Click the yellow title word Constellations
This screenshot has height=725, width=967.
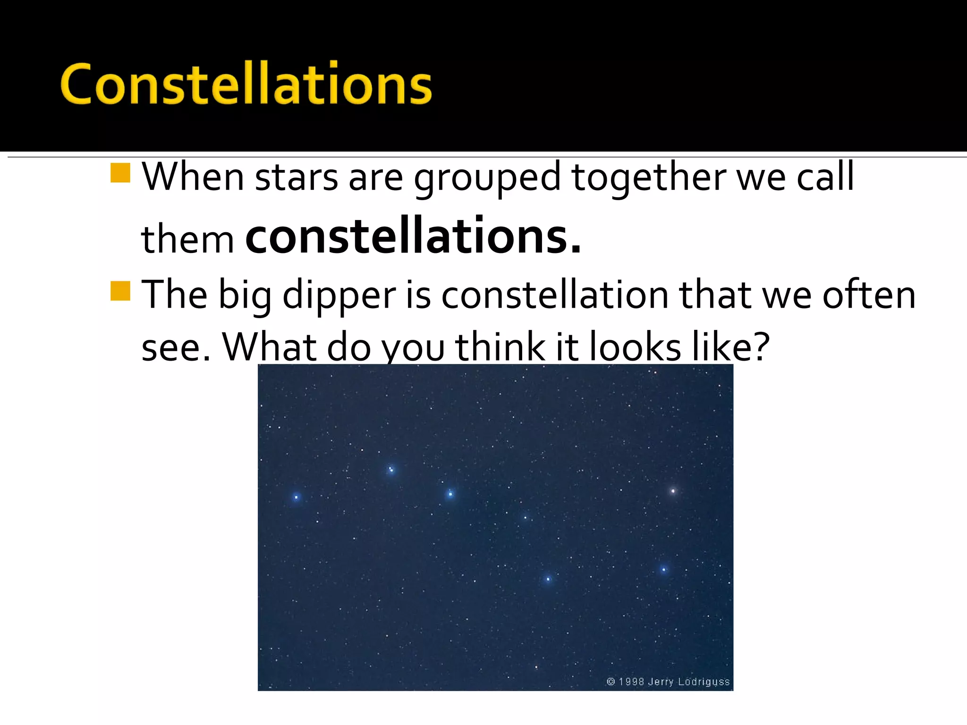(246, 84)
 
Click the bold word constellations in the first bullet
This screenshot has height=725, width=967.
(413, 236)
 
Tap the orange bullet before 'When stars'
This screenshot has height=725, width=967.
(120, 173)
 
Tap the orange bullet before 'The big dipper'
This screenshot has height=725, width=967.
(120, 291)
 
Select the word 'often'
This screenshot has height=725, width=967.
(869, 295)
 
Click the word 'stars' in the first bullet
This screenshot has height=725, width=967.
(297, 178)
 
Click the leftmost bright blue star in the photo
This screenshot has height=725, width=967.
(297, 497)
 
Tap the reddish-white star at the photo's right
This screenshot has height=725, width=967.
(673, 491)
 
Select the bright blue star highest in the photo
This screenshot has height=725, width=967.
(391, 470)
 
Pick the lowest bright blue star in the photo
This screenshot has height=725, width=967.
(548, 579)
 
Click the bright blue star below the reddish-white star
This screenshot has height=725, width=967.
(663, 570)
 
